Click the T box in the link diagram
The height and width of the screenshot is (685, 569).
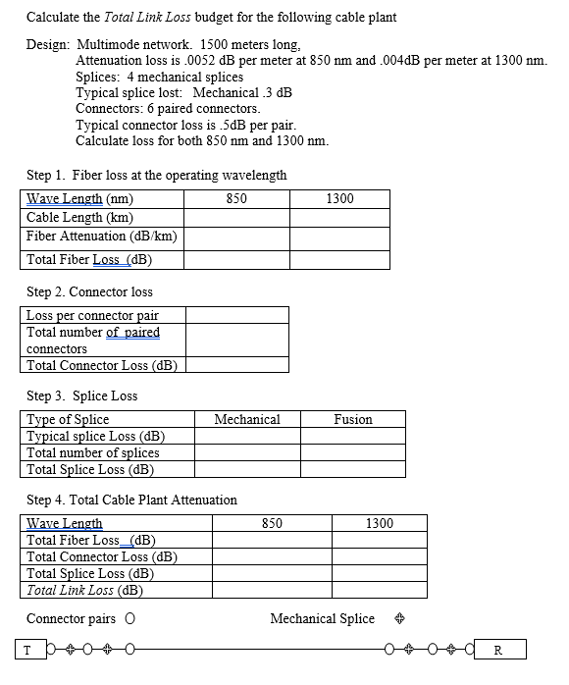tap(27, 650)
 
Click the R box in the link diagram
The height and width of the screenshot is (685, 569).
tap(499, 650)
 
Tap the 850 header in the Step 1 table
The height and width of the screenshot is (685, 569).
tap(235, 198)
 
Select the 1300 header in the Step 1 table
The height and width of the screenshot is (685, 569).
tap(339, 198)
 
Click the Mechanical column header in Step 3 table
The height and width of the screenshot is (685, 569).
tap(246, 419)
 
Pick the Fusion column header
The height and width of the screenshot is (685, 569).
tap(352, 419)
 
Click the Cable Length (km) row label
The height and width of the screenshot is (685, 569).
tap(79, 217)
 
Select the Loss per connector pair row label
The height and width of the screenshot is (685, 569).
tap(91, 315)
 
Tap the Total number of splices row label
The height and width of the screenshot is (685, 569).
tap(92, 452)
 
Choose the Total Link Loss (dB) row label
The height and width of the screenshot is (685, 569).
tap(84, 590)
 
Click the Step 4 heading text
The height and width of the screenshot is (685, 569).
tap(131, 500)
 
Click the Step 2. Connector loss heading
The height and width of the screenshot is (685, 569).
tap(89, 291)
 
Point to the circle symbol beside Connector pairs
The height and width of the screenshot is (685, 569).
tap(129, 619)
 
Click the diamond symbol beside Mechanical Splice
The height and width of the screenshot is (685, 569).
tap(399, 619)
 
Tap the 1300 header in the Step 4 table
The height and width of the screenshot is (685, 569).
tap(379, 523)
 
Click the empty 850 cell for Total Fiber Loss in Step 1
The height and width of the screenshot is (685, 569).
tap(235, 260)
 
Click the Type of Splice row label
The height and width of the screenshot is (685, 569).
tap(68, 419)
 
